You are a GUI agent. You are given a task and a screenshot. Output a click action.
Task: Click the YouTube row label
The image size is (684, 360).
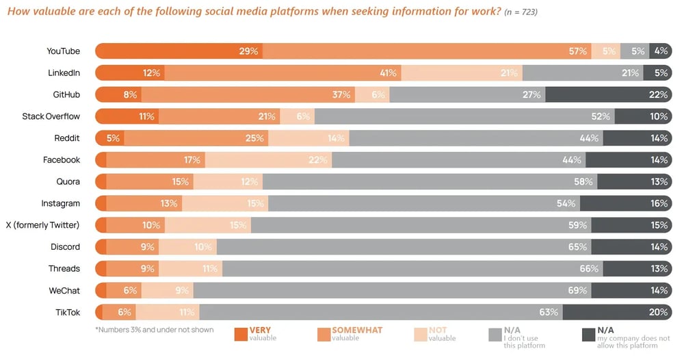[63, 51]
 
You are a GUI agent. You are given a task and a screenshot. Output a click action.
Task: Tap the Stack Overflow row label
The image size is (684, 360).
[51, 116]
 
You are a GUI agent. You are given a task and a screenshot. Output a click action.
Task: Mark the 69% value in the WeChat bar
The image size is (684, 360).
[577, 290]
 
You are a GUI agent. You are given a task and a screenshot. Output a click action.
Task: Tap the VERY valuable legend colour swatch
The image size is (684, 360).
[241, 334]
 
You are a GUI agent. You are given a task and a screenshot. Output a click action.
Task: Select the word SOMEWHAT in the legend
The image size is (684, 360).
[357, 330]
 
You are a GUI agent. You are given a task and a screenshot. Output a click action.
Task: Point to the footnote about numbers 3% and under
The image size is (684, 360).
[155, 330]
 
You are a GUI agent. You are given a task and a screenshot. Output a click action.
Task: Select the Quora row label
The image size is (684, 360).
[68, 181]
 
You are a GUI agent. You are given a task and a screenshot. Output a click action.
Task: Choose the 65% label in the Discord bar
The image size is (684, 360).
[577, 246]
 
